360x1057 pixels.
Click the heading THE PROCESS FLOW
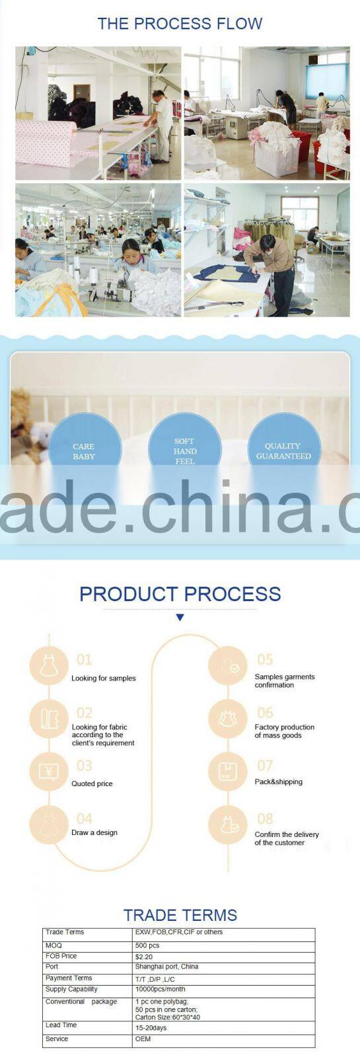click(x=180, y=24)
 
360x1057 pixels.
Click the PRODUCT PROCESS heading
click(x=180, y=594)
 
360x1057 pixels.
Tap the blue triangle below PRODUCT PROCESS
click(x=180, y=617)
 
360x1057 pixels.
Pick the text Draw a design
click(x=94, y=832)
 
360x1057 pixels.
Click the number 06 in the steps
click(x=265, y=713)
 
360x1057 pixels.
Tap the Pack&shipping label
click(x=278, y=782)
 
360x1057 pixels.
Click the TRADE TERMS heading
click(x=180, y=915)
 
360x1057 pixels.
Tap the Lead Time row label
click(x=61, y=1025)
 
